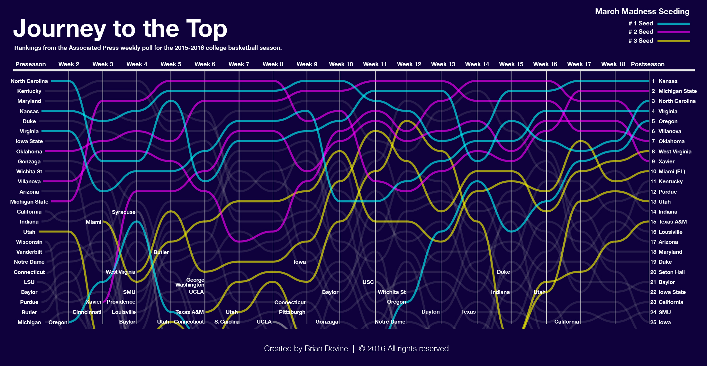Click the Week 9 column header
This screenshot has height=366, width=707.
tap(307, 64)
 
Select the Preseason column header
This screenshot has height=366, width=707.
tap(31, 64)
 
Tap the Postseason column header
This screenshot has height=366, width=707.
tap(647, 64)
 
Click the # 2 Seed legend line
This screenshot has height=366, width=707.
tap(673, 32)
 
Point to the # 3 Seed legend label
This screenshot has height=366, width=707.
tap(640, 41)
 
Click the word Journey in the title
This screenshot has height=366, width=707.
tap(59, 29)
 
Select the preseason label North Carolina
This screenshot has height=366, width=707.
tap(29, 81)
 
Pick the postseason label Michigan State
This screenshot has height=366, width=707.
tap(677, 91)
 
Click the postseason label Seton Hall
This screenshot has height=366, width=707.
tap(671, 272)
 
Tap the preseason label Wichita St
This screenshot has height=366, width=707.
tap(29, 171)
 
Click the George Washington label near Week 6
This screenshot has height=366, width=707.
tap(190, 282)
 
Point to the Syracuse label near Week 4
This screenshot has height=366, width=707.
tap(123, 212)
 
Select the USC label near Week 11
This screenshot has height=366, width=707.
tap(368, 282)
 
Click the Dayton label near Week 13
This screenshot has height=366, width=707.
tap(430, 312)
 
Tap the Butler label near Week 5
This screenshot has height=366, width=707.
tap(161, 252)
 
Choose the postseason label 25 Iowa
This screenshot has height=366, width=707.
tap(664, 322)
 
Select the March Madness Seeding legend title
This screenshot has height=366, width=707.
tap(642, 12)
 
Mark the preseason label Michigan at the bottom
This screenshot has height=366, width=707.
tap(29, 322)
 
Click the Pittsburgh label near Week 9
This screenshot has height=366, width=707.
tap(292, 312)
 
